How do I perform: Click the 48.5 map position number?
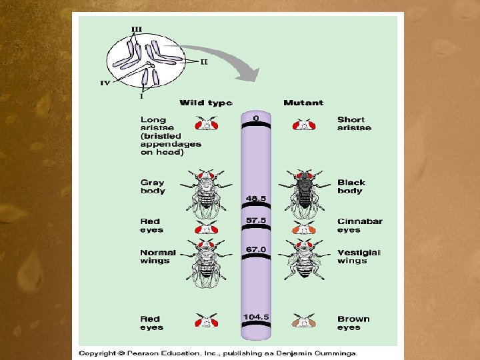pos(257,199)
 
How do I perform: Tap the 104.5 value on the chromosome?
pos(257,317)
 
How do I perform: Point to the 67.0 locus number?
pos(257,249)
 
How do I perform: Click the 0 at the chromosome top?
pos(256,119)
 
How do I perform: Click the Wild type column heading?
pos(206,103)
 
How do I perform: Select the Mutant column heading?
pos(303,103)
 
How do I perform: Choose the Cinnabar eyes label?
pos(359,225)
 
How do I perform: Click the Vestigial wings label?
pos(359,257)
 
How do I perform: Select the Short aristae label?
pos(354,123)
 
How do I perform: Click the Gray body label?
pos(153,186)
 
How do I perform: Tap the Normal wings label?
pos(158,257)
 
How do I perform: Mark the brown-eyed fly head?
pos(304,321)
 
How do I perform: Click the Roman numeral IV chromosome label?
pos(105,83)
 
